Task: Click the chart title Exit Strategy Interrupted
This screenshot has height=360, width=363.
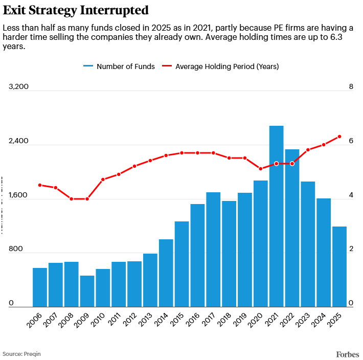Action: (76, 10)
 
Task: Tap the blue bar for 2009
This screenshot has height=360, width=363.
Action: (87, 291)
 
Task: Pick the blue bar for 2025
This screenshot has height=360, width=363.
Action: (339, 266)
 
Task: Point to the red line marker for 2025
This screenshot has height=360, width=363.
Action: (339, 137)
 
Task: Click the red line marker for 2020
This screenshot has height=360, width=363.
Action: (261, 169)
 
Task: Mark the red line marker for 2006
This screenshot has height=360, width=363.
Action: (40, 185)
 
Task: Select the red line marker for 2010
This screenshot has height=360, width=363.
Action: (103, 179)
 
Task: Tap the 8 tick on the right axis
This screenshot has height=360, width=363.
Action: (351, 87)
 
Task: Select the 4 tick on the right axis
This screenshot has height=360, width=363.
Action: (351, 195)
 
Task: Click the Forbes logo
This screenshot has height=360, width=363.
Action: (348, 354)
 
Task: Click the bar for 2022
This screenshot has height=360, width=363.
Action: (292, 228)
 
